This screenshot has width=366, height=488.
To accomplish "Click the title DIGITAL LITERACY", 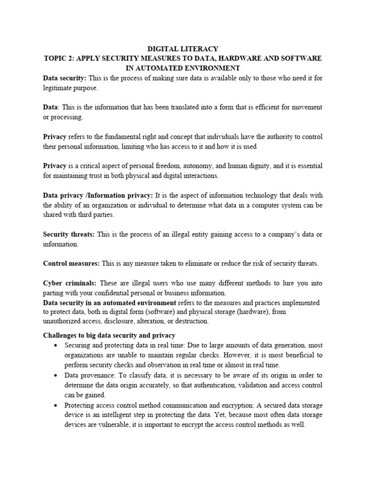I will pyautogui.click(x=183, y=49).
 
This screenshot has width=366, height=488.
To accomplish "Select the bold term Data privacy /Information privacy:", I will pyautogui.click(x=98, y=195).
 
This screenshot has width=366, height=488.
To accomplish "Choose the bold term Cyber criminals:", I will pyautogui.click(x=70, y=283).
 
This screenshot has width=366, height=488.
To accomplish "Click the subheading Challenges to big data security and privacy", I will pyautogui.click(x=109, y=335).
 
